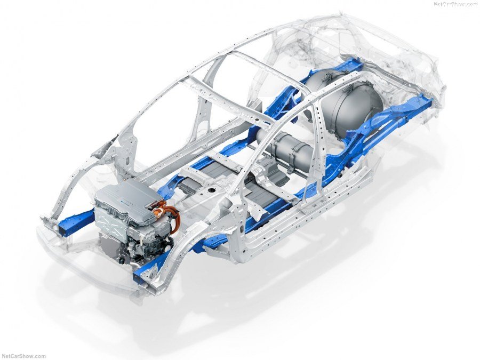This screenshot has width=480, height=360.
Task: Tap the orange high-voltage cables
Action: click(169, 215)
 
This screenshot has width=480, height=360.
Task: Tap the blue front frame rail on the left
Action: click(75, 219)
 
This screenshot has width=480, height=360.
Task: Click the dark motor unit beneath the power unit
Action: click(115, 248)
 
